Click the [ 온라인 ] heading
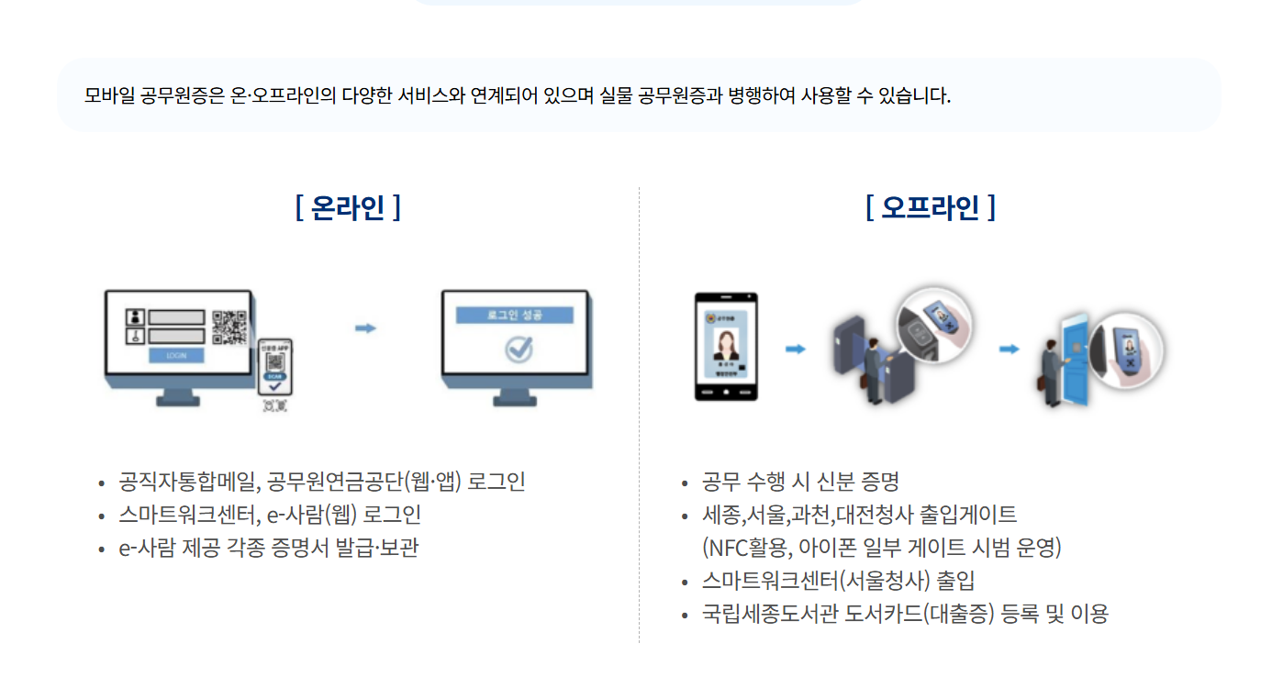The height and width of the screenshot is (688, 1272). tap(348, 208)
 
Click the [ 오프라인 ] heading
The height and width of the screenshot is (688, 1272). tap(930, 208)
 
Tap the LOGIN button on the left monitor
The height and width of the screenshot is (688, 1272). tap(176, 355)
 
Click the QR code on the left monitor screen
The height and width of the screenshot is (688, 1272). tap(229, 327)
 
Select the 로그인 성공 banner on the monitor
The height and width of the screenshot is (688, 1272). tap(515, 315)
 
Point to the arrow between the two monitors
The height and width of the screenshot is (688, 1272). tap(366, 328)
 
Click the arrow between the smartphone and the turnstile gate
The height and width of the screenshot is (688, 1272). tap(796, 349)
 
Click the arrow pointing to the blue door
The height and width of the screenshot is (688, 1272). tap(1010, 349)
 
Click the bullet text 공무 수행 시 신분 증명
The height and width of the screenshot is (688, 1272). tap(800, 482)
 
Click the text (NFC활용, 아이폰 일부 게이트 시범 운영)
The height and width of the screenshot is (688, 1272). tap(881, 548)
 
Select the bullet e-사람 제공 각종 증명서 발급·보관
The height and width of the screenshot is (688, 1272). tap(269, 548)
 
